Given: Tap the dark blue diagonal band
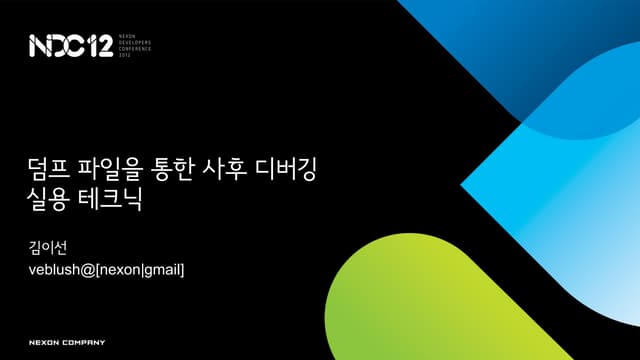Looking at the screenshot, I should pyautogui.click(x=480, y=60).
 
